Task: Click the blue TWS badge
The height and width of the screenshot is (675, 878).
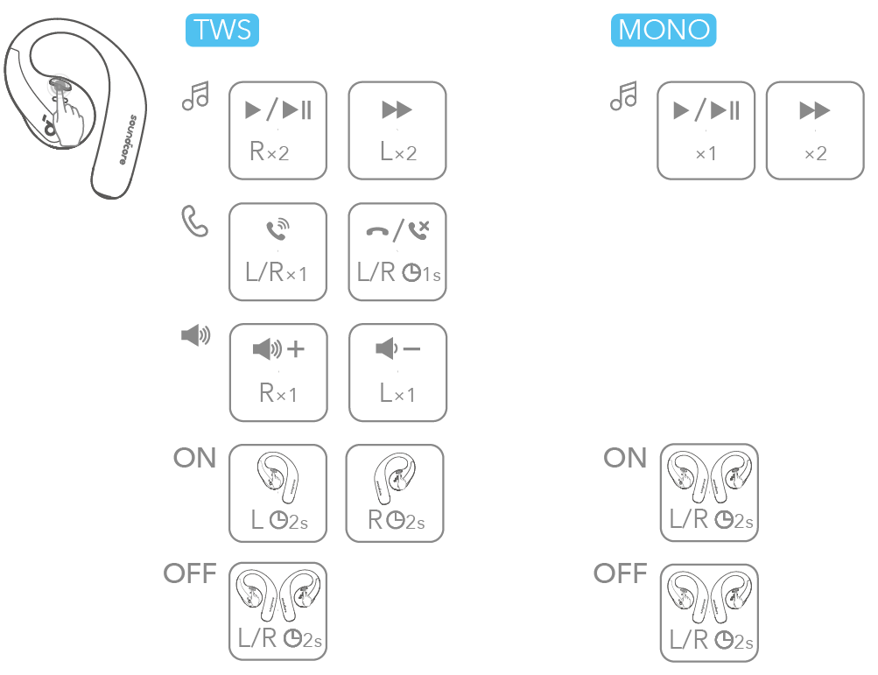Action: point(223,31)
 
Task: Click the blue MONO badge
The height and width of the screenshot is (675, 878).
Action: point(664,31)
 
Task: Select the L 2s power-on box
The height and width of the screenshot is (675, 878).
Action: point(277,493)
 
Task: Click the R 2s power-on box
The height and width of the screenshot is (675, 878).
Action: point(395,493)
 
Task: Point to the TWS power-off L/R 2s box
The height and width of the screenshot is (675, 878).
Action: point(277,612)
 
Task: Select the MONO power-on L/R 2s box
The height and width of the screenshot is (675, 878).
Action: point(709,493)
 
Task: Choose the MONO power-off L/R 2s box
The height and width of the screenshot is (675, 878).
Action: point(709,612)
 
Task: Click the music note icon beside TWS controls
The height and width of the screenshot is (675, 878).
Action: point(195,96)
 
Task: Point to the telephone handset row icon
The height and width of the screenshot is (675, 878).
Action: point(195,221)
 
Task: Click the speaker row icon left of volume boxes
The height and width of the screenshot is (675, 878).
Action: point(194,335)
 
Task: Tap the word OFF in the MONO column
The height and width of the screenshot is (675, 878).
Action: point(620,573)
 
